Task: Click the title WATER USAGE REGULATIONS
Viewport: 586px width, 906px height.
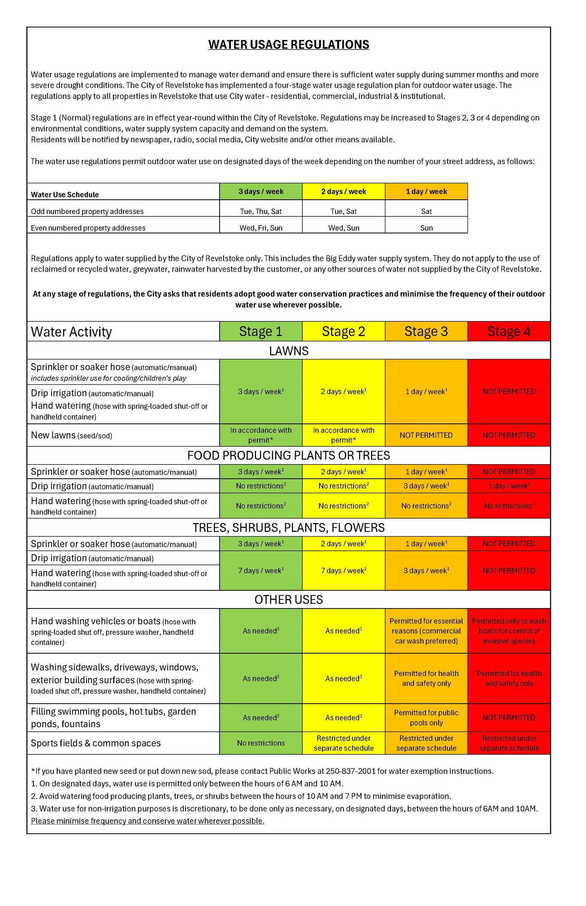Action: [x=288, y=45]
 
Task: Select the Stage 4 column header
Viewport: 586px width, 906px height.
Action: [x=509, y=331]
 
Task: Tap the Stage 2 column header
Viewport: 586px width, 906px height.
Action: [x=343, y=331]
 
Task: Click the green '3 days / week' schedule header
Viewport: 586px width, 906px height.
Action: [x=261, y=191]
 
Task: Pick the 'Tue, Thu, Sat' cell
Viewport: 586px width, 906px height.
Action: [x=261, y=211]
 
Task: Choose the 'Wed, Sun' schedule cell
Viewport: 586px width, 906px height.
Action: [x=343, y=228]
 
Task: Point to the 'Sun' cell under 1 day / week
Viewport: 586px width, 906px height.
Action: [x=426, y=228]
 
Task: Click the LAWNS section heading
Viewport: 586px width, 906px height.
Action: [x=288, y=351]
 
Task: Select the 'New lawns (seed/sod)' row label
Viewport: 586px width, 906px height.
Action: [x=71, y=435]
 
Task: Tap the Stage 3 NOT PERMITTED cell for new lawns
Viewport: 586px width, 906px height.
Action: [x=426, y=435]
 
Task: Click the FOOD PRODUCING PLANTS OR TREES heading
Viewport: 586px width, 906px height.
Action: [x=288, y=455]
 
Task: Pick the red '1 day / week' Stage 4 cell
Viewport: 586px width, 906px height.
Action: [x=509, y=486]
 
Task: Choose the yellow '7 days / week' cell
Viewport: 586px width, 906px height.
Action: [x=343, y=570]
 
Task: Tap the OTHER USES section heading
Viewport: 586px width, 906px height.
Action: [x=288, y=600]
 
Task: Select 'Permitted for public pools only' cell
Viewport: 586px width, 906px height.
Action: [x=426, y=717]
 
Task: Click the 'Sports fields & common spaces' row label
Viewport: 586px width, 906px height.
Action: [x=96, y=743]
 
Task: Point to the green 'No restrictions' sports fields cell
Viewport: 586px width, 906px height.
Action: [x=261, y=743]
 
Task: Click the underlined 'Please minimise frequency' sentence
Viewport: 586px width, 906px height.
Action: [x=148, y=821]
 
